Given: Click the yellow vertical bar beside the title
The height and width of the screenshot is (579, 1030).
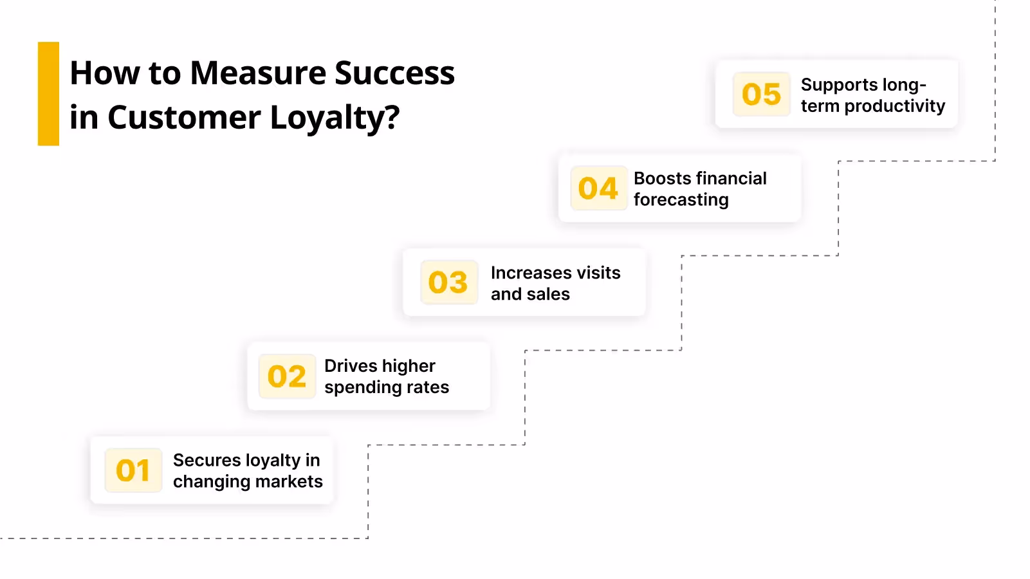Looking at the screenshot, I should point(48,94).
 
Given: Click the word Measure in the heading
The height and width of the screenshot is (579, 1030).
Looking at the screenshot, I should point(258,73).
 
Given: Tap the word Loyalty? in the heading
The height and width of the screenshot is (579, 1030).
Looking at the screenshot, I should point(335,118).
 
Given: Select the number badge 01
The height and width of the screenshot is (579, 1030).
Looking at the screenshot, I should point(133,470).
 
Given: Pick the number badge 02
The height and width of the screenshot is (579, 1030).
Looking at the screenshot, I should point(287,376).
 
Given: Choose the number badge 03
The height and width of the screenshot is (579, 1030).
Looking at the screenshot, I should point(448,282).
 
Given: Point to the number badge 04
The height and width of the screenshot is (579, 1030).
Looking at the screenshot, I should point(598,188).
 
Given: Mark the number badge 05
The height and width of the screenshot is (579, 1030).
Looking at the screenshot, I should point(761,95).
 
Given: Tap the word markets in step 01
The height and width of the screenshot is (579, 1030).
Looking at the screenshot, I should point(289,481).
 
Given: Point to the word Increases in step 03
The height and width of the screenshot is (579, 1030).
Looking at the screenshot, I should point(531,273).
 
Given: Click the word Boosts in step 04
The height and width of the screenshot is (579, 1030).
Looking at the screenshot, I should point(662,178).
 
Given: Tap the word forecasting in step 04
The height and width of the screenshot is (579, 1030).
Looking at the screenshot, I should point(681,200).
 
